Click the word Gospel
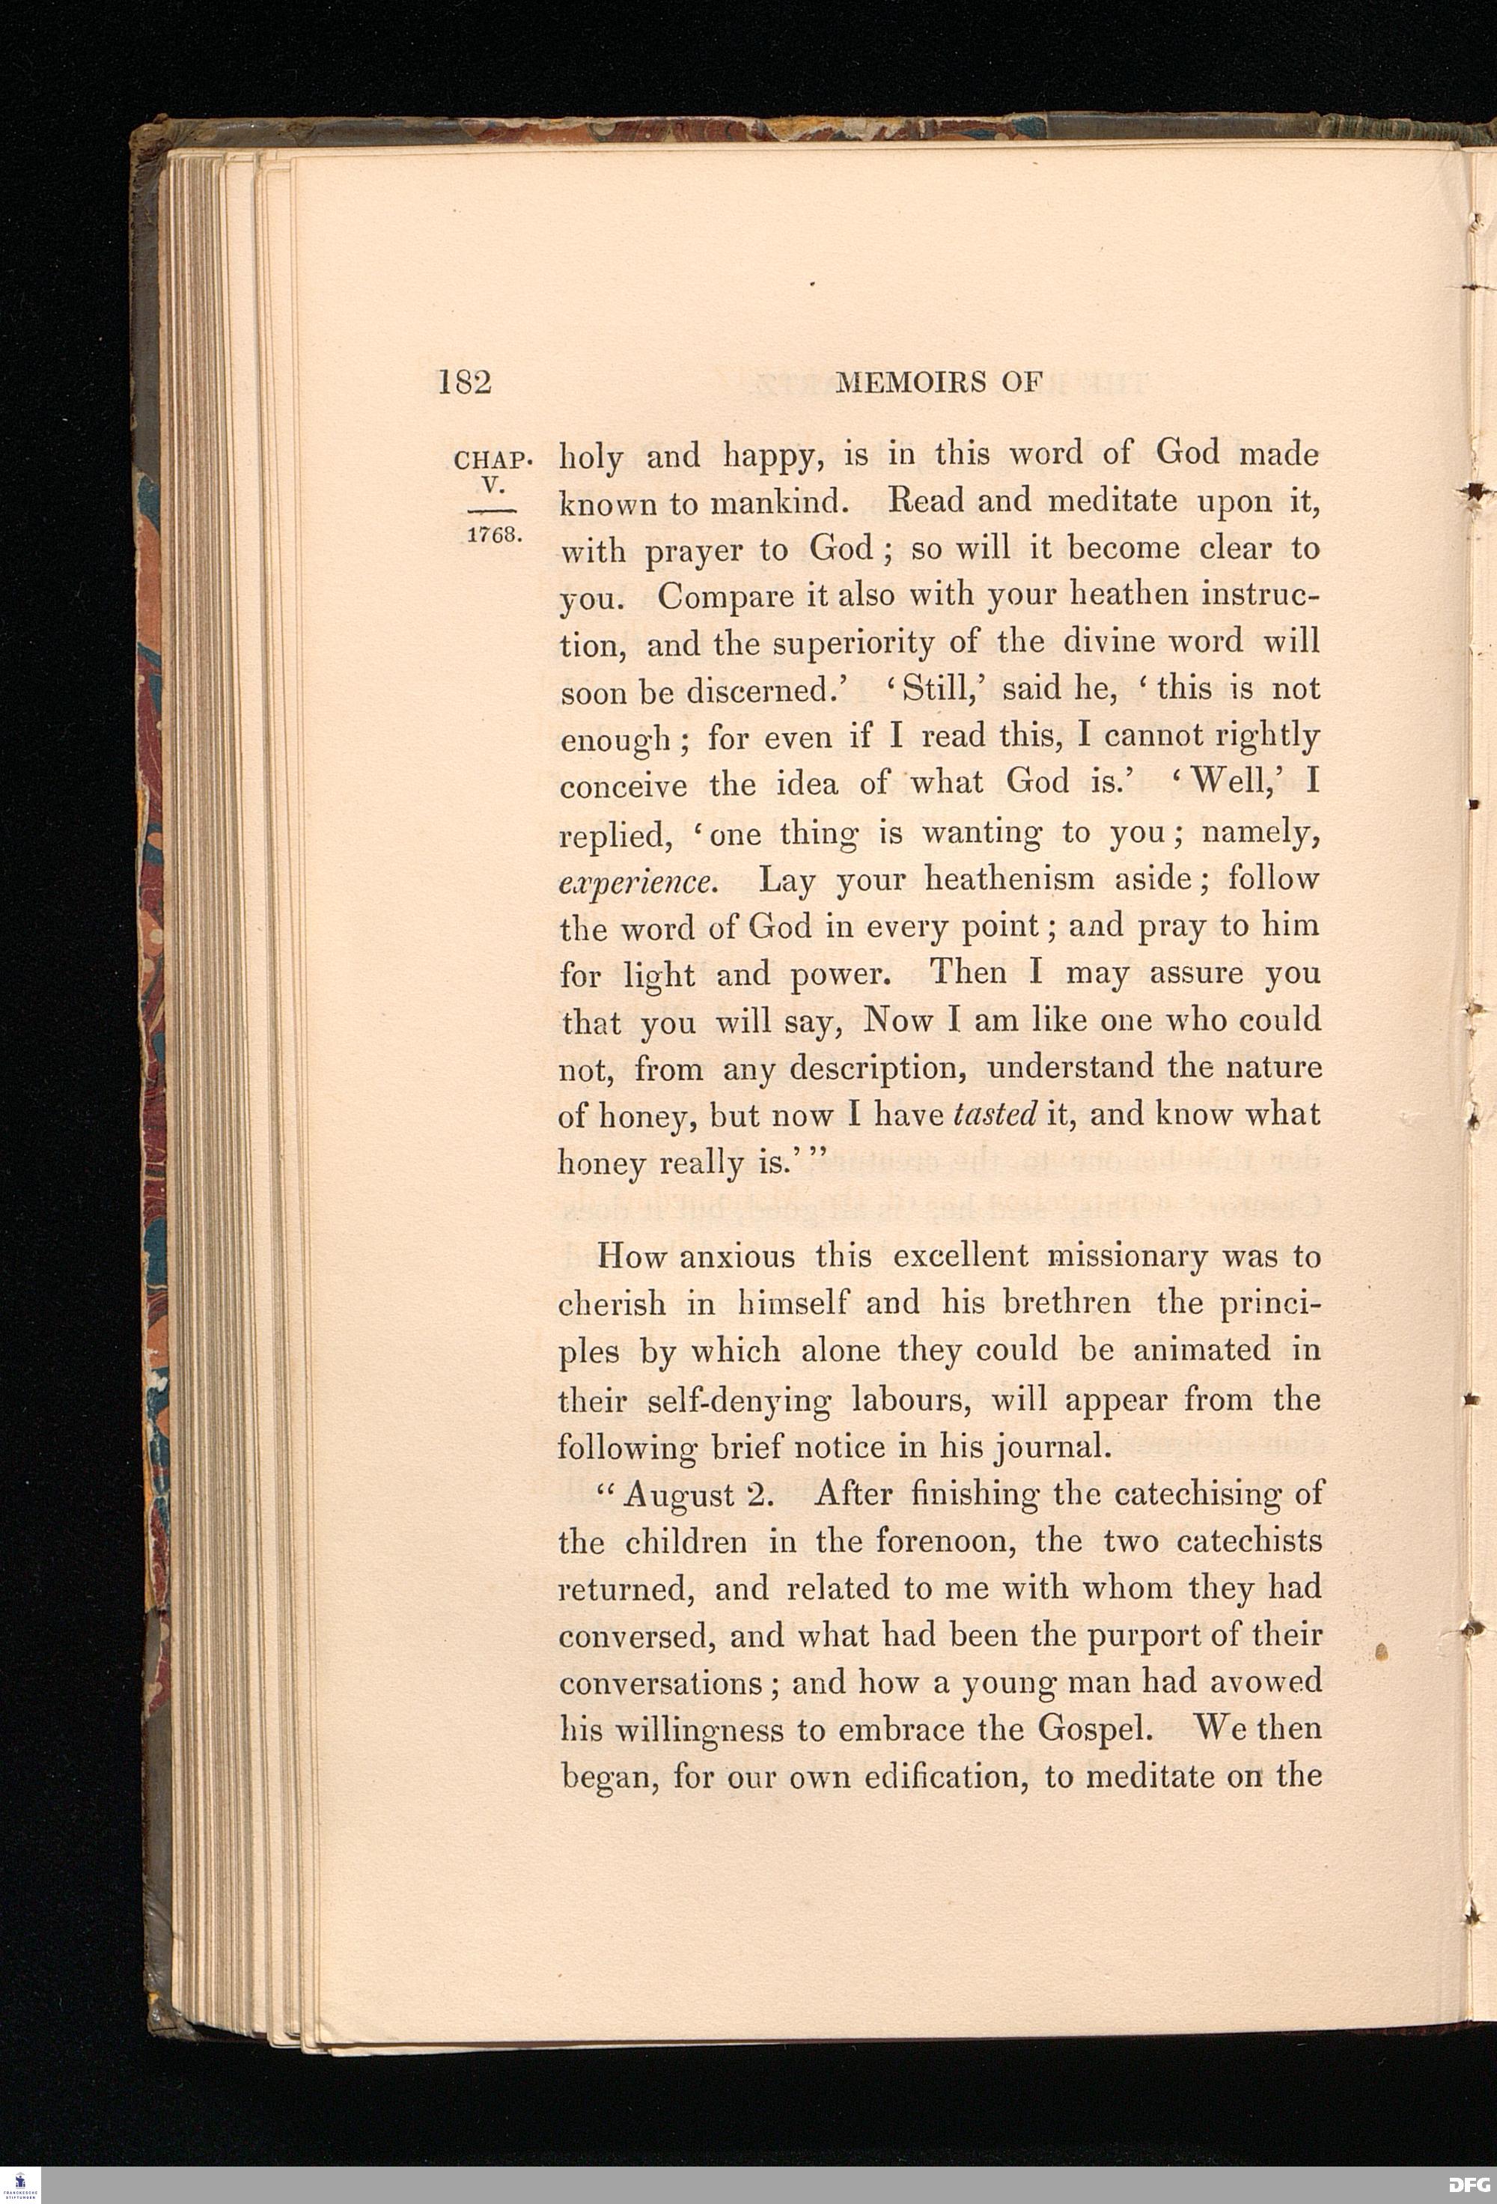click(x=1095, y=1729)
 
